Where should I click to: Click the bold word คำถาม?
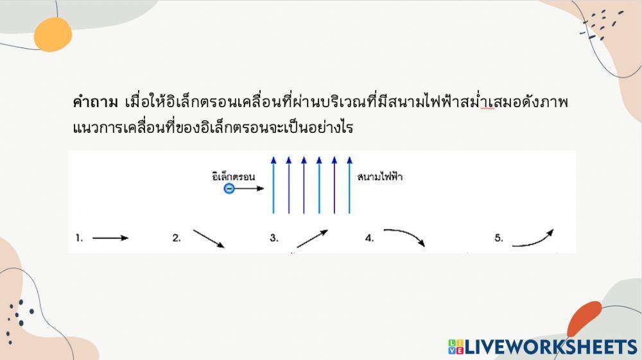95,103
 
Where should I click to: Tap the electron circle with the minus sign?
229,189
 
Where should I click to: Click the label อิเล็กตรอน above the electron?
234,175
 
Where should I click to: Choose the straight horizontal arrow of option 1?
110,238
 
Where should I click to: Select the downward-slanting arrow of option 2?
208,239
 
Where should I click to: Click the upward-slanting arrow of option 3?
312,239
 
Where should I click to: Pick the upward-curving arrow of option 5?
533,238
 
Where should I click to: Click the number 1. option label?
79,238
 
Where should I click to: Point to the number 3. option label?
274,238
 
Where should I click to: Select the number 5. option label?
499,238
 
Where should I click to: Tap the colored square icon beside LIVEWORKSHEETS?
455,347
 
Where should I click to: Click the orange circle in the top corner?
53,34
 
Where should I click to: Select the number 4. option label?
370,238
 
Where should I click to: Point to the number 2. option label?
177,238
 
